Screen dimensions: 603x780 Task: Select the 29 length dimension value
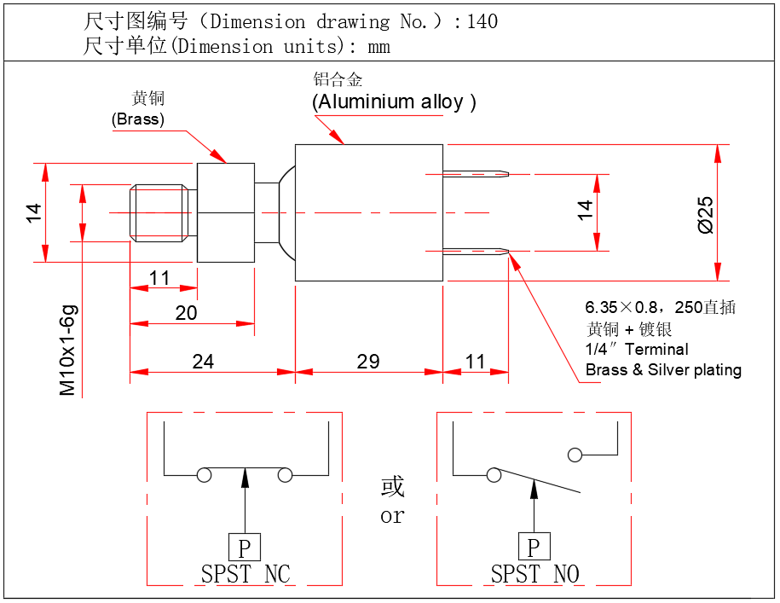click(368, 362)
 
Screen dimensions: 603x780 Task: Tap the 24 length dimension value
click(203, 362)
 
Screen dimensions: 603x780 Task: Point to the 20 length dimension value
click(186, 313)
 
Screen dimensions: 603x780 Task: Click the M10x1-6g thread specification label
click(68, 351)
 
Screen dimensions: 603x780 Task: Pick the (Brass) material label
click(138, 119)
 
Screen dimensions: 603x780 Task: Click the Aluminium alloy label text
click(394, 102)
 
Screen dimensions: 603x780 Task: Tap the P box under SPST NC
click(245, 547)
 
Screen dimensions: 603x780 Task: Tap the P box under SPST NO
click(534, 547)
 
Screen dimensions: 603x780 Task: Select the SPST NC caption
click(246, 574)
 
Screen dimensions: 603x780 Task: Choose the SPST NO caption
click(534, 574)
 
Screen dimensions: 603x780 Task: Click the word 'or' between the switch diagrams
click(392, 516)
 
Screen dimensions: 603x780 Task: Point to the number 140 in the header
click(482, 21)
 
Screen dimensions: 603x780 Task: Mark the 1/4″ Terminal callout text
click(637, 349)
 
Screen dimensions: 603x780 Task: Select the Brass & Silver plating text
click(663, 370)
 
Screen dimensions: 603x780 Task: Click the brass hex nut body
click(226, 212)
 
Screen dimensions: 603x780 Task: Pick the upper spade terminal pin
click(476, 175)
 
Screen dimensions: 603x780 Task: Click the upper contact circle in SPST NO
click(576, 455)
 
